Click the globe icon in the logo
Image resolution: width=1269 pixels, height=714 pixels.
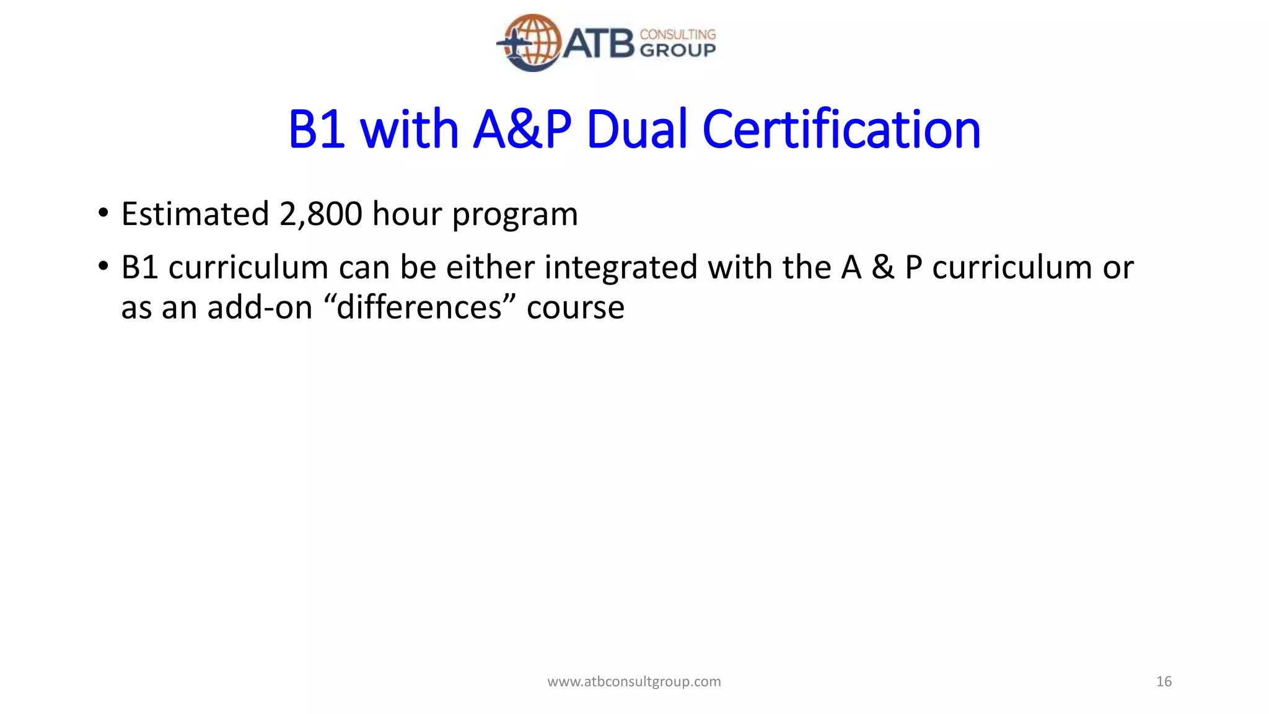532,42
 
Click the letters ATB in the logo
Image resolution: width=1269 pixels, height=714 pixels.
599,43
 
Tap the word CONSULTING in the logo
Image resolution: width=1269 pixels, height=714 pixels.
677,34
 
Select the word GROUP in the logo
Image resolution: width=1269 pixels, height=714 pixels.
677,51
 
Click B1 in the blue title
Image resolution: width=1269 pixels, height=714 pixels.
317,130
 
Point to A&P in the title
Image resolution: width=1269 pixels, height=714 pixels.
522,130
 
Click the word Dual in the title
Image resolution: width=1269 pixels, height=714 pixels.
637,130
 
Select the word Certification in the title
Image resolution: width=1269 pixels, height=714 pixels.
841,130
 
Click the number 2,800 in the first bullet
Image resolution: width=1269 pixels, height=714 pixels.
320,214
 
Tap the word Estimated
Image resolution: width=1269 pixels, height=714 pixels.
195,214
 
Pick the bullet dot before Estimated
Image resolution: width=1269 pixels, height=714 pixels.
103,214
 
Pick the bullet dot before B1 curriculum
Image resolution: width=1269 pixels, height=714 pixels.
103,267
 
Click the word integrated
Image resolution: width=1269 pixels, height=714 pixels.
621,268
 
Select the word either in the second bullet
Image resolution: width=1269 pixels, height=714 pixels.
490,268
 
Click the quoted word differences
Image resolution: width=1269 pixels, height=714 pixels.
418,307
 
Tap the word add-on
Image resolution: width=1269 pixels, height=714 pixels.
260,307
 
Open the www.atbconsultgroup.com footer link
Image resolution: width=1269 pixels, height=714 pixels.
634,682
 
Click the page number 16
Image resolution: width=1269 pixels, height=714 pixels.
1164,682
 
